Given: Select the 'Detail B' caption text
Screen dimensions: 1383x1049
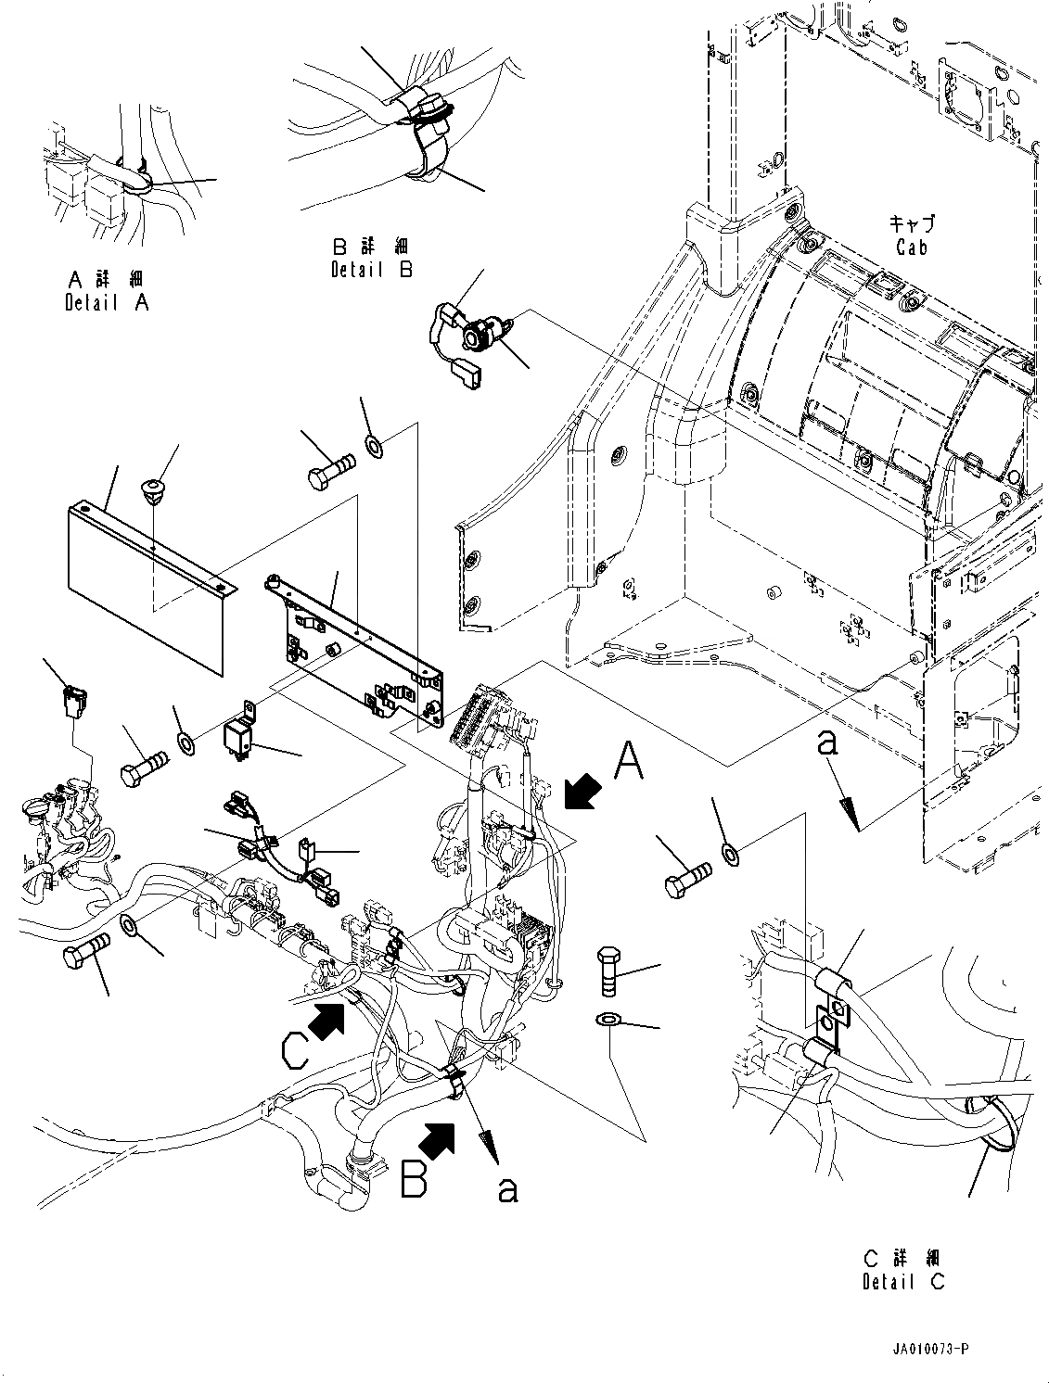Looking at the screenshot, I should [371, 270].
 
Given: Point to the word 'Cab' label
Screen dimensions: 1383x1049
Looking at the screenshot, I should [911, 247].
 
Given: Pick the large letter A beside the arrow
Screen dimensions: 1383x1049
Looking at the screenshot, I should [628, 764].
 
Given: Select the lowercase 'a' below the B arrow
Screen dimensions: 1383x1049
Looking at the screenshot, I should [506, 1187].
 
